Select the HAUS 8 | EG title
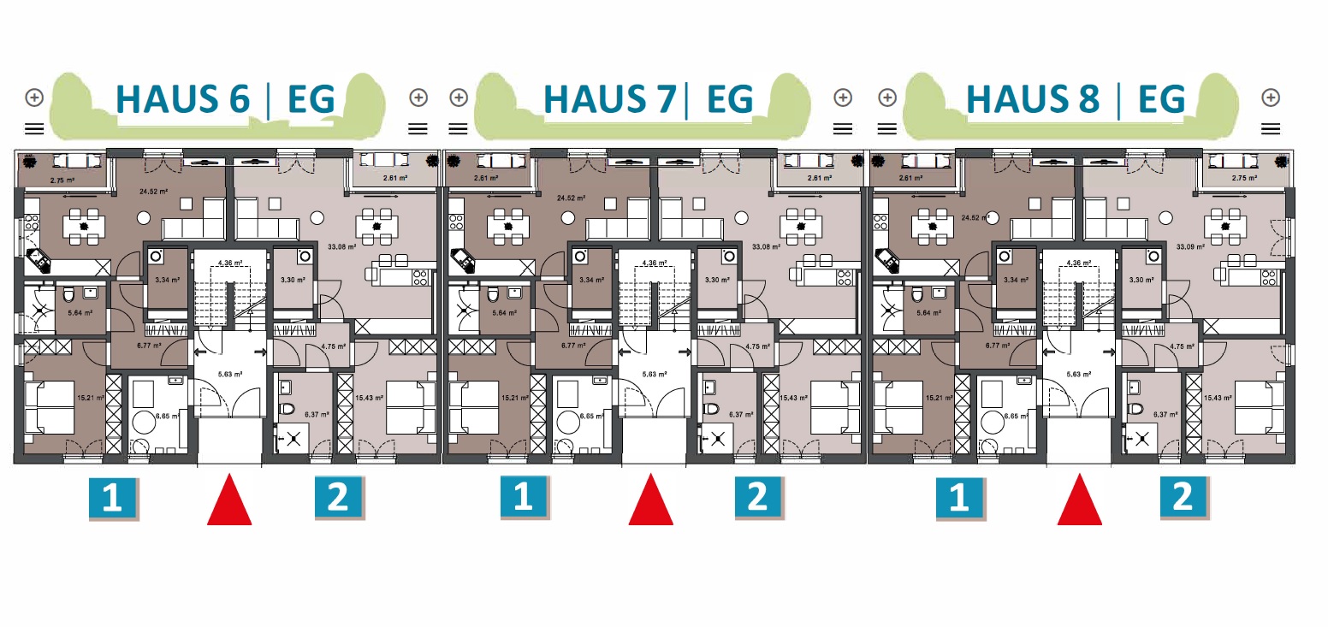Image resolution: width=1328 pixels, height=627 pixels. point(1075,99)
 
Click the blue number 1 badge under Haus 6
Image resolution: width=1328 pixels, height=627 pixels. point(112,499)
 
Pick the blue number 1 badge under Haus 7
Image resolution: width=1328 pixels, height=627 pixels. point(523,498)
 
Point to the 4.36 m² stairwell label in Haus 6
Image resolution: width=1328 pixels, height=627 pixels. point(228,263)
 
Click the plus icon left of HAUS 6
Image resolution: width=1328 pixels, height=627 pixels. point(34,97)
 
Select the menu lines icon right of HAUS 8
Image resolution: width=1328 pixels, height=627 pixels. point(1271,128)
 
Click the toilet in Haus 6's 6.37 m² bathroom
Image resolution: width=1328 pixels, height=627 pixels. point(287,407)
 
